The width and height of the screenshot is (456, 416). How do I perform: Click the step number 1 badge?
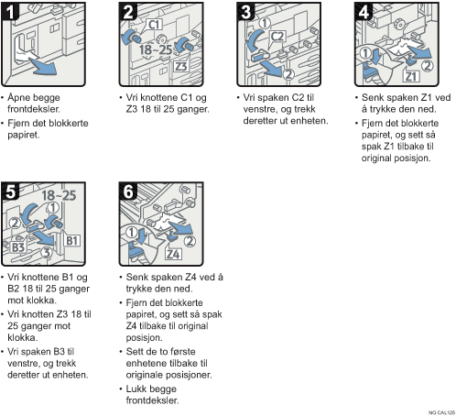click(10, 11)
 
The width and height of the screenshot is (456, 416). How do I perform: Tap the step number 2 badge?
click(128, 11)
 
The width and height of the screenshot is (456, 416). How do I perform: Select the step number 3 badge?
click(246, 11)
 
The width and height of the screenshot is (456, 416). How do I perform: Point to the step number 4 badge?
click(364, 11)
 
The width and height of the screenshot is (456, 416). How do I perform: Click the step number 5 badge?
click(10, 192)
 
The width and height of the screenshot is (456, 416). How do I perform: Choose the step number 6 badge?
click(128, 192)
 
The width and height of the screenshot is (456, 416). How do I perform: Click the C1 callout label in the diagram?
click(155, 24)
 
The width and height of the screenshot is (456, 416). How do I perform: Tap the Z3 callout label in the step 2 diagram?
click(180, 66)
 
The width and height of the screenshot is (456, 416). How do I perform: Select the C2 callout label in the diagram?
click(277, 37)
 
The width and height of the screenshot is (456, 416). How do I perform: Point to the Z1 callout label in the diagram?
click(411, 76)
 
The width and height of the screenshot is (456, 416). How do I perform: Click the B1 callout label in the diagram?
click(72, 241)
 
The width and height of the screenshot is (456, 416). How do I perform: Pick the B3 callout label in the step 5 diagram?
click(18, 247)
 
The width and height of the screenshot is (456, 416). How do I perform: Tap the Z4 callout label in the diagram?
click(173, 254)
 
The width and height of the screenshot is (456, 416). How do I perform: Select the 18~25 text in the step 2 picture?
click(156, 49)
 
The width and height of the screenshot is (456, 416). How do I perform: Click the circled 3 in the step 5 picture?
click(47, 253)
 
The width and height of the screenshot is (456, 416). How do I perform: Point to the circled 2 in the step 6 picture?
click(190, 241)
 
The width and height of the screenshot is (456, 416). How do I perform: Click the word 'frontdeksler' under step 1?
click(33, 109)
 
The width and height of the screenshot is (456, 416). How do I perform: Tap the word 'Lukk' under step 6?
click(136, 389)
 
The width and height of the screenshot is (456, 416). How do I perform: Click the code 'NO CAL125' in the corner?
click(441, 412)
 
